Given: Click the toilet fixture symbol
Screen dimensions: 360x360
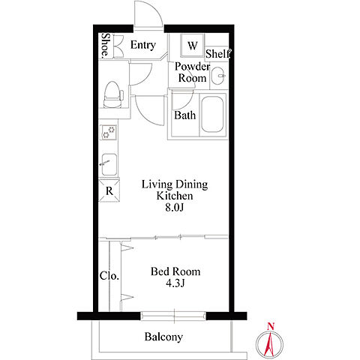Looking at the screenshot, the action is (x=112, y=94).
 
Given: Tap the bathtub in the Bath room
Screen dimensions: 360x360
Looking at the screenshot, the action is (x=212, y=115).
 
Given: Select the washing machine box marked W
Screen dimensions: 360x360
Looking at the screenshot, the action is (x=192, y=46).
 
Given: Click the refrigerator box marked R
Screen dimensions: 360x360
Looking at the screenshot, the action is (x=109, y=190).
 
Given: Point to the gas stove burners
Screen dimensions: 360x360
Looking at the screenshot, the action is (x=109, y=132).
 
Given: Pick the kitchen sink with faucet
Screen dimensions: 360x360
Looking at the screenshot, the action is (x=109, y=164).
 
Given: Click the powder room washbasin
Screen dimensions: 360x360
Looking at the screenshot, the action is (x=219, y=76).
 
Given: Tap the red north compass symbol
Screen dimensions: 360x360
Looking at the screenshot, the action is (x=270, y=341).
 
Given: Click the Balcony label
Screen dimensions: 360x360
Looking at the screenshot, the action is (x=163, y=337).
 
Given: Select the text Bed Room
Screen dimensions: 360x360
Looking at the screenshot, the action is (x=175, y=271).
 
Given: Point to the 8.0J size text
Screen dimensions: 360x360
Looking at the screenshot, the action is (x=174, y=207).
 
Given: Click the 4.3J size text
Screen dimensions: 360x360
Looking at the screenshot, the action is (x=175, y=283).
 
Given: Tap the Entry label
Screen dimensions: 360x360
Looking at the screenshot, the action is (x=143, y=45).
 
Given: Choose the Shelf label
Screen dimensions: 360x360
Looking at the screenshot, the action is (x=217, y=53).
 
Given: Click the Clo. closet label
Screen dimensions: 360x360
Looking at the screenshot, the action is (x=109, y=276).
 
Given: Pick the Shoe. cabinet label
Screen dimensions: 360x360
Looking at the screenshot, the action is (x=106, y=45).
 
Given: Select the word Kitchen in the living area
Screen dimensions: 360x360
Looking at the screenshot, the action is (x=175, y=196).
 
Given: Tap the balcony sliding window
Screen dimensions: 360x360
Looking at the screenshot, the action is (x=173, y=316).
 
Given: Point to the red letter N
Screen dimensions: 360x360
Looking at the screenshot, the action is (x=271, y=326).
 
